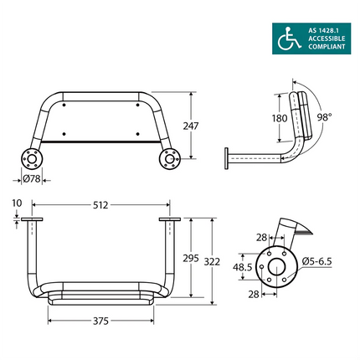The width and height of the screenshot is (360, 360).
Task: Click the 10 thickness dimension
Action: coord(18,203)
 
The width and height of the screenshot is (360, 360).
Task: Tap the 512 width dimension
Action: coord(101,203)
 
